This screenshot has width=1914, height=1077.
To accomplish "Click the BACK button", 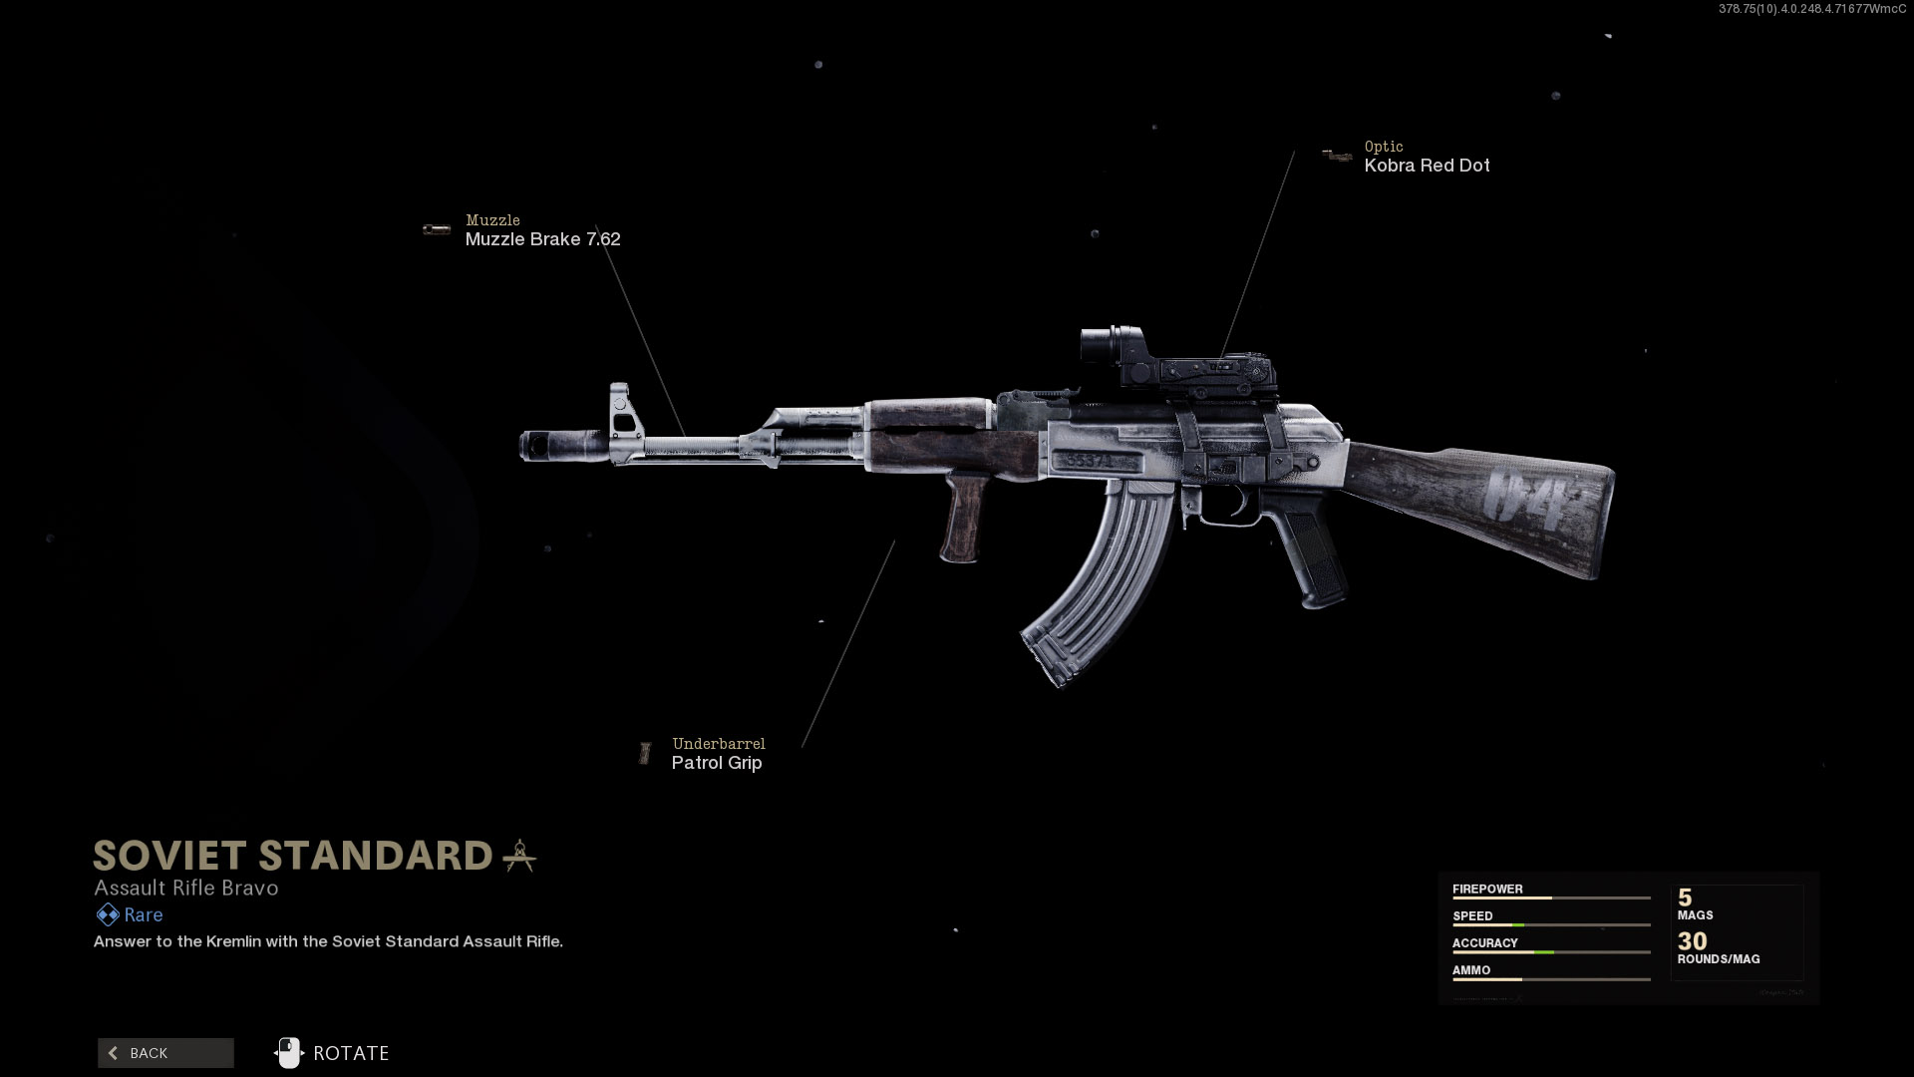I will [165, 1053].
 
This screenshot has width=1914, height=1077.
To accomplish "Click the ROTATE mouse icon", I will [288, 1053].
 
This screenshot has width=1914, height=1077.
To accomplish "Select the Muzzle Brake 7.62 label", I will [542, 239].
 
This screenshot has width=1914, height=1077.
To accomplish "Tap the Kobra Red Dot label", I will [1427, 166].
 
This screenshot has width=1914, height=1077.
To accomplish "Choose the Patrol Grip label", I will [716, 763].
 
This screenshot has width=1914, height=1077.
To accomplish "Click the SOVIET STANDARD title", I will [293, 856].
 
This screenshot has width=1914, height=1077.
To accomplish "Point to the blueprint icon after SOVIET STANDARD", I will [519, 856].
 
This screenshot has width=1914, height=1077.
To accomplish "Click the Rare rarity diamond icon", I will [107, 914].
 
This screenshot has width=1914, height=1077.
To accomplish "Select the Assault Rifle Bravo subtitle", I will [186, 888].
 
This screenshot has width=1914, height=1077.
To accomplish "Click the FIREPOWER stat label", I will [1487, 889].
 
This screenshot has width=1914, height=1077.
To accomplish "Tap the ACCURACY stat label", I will [1484, 942].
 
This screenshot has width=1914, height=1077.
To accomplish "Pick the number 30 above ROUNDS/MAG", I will [1692, 940].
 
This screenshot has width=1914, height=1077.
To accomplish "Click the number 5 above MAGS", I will [1685, 897].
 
